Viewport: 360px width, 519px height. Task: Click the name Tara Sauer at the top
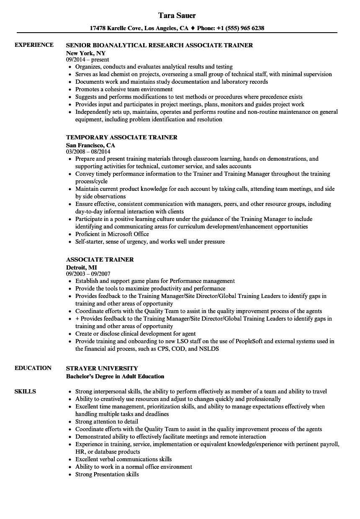click(x=177, y=15)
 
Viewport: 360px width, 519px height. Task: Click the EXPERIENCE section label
click(x=34, y=45)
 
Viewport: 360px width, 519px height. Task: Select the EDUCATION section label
click(x=33, y=368)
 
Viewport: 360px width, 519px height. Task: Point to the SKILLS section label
click(x=25, y=391)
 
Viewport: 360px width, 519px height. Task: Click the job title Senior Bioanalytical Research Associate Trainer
click(x=159, y=45)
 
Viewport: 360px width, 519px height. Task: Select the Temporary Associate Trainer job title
click(x=122, y=137)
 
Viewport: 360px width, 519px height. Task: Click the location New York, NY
click(x=86, y=53)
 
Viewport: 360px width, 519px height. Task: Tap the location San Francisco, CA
click(x=91, y=145)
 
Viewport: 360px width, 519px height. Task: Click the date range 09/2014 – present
click(x=87, y=60)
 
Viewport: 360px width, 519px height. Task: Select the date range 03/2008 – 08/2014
click(x=90, y=152)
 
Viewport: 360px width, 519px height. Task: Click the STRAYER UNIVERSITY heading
click(x=102, y=368)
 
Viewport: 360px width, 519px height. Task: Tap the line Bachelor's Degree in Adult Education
click(x=115, y=376)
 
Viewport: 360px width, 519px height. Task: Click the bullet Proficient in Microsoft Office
click(x=113, y=234)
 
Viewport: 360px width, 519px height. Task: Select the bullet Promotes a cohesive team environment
click(x=124, y=89)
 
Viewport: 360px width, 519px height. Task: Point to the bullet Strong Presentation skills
click(x=107, y=474)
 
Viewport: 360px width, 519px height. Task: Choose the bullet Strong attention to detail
click(x=106, y=421)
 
